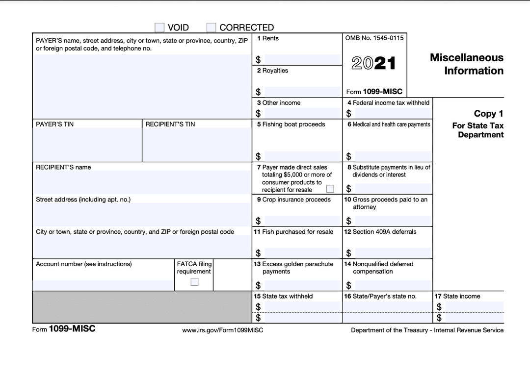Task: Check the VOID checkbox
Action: [x=159, y=27]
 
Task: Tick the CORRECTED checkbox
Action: [x=212, y=27]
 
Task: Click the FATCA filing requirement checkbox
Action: [x=194, y=282]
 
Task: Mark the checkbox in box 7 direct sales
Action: [x=330, y=189]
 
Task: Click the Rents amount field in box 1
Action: [x=301, y=60]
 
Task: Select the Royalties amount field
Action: [x=301, y=92]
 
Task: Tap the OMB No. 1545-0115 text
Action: [x=374, y=38]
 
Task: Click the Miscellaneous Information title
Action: [x=466, y=64]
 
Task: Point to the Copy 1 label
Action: [x=488, y=114]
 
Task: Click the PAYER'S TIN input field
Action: [x=87, y=145]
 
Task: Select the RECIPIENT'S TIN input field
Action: [x=196, y=145]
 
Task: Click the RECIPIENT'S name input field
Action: [x=142, y=182]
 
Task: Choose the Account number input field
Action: [x=103, y=285]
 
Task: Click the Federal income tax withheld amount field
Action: [x=393, y=114]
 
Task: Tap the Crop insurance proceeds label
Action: [x=296, y=200]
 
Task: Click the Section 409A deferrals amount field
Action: [x=393, y=253]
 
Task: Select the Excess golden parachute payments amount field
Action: [x=301, y=285]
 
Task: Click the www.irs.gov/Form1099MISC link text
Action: [x=222, y=330]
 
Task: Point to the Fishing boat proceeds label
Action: [x=293, y=125]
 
